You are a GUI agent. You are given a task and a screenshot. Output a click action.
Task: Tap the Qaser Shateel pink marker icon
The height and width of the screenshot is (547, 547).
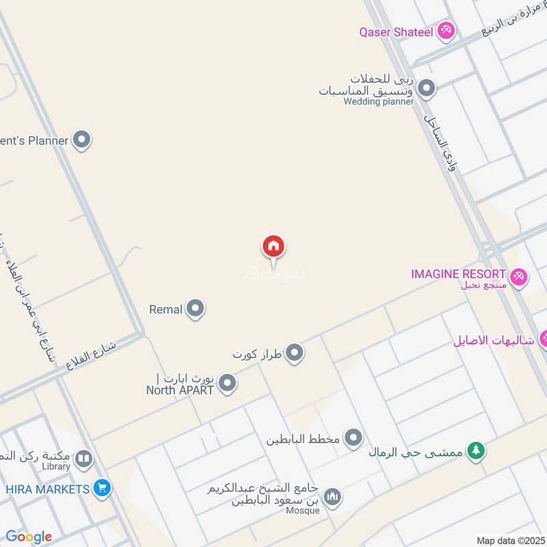point(446,31)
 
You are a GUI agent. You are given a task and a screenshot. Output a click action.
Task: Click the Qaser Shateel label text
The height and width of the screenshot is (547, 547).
point(397,31)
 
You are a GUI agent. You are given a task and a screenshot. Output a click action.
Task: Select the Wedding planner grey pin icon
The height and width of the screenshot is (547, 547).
point(427,89)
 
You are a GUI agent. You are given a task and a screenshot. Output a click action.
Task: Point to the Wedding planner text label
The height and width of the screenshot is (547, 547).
point(379,102)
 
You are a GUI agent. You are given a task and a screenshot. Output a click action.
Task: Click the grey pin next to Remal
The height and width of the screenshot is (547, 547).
point(196,309)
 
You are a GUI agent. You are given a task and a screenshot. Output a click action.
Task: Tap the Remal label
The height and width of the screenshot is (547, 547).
point(166,310)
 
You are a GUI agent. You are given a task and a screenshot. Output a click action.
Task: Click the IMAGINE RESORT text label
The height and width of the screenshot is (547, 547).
point(458,274)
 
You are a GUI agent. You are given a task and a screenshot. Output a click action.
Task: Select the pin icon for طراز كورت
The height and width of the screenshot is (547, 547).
point(295,353)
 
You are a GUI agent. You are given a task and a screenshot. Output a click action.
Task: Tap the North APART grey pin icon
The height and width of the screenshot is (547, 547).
point(228,384)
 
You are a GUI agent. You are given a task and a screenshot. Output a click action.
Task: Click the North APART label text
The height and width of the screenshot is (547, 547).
point(180,390)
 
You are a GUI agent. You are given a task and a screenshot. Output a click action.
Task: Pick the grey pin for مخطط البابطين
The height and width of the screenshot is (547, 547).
point(353,438)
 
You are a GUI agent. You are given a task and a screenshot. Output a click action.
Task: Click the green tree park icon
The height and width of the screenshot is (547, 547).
point(476,451)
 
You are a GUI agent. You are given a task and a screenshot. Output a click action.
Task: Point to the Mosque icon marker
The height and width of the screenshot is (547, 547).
point(332,496)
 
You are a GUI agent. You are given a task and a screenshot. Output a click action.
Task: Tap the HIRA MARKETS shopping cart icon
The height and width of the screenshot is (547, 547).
point(103,488)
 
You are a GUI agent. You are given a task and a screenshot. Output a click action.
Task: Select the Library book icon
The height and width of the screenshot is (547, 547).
point(83,459)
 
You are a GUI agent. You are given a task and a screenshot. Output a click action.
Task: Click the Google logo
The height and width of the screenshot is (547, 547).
point(29,537)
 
